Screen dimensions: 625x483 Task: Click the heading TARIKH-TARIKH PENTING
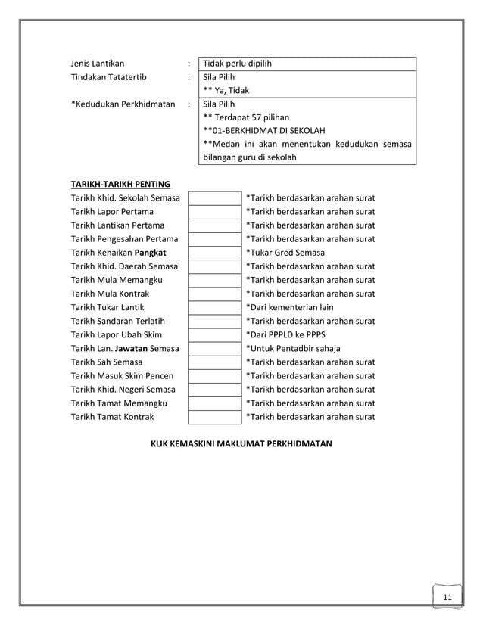(x=120, y=184)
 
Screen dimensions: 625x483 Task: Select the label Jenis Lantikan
(x=98, y=64)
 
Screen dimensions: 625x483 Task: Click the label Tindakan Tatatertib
(x=109, y=77)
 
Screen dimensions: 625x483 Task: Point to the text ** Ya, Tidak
(x=231, y=91)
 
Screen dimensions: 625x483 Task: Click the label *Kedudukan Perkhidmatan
(x=123, y=104)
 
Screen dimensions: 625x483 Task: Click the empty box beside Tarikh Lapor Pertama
(x=214, y=212)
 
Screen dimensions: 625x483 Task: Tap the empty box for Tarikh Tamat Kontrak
(x=214, y=417)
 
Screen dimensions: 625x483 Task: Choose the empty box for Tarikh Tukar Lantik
(x=214, y=307)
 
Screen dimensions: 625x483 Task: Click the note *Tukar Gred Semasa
(x=285, y=253)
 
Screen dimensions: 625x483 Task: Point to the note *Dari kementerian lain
(x=289, y=307)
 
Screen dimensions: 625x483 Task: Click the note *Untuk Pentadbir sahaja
(x=294, y=348)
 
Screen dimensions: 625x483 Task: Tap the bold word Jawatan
(x=130, y=348)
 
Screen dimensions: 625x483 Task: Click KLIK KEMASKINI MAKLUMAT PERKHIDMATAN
(x=241, y=443)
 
